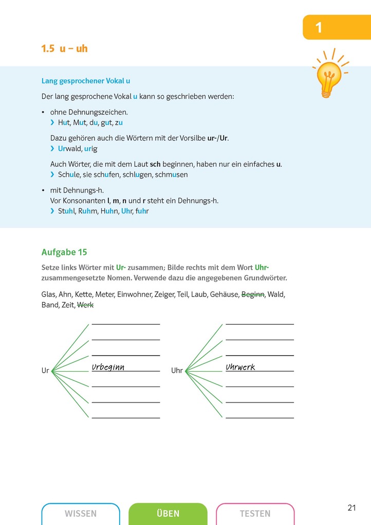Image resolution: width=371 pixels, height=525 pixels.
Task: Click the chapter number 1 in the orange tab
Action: coord(319,27)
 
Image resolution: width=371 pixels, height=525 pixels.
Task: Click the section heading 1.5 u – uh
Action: coord(64,49)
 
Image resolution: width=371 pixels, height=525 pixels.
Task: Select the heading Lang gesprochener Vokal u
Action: coord(85,81)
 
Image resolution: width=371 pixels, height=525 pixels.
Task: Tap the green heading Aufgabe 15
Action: coord(64,252)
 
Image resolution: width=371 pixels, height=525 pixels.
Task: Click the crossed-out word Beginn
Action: coord(253,294)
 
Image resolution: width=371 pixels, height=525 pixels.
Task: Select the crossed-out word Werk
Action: coord(85,305)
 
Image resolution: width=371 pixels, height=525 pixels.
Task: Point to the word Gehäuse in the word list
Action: coord(225,294)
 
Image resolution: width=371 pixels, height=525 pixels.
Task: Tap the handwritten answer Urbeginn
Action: coord(108,367)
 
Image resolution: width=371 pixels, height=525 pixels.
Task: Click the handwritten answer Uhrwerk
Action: coord(240,367)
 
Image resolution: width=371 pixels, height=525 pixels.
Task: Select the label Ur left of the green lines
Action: coord(45,371)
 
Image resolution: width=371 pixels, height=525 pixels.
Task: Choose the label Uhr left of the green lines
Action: coord(177,371)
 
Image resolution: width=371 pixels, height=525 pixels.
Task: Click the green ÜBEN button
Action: coord(168,514)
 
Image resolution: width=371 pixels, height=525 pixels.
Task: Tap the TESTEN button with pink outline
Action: coord(255,514)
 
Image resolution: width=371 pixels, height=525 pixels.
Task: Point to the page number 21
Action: coord(351,508)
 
